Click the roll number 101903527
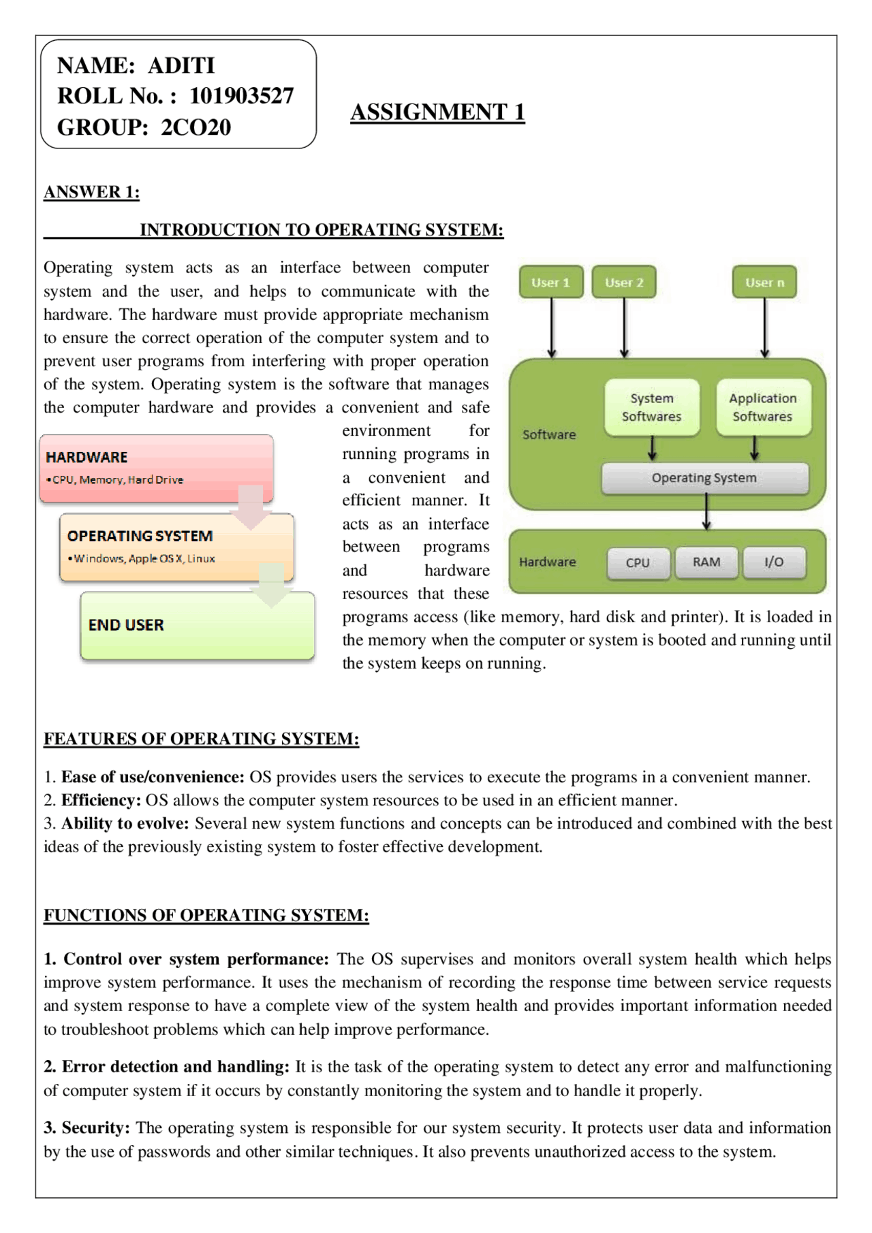(x=241, y=96)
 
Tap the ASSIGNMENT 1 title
(x=437, y=112)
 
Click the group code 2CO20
(x=196, y=127)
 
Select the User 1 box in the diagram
(x=550, y=283)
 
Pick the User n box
(x=764, y=283)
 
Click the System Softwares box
(x=651, y=407)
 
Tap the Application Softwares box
(x=762, y=407)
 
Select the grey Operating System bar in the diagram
(x=704, y=478)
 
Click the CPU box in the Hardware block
(x=638, y=562)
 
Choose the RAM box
(x=706, y=562)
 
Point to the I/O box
(x=774, y=562)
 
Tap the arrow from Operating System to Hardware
(x=706, y=512)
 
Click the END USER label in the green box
(x=126, y=625)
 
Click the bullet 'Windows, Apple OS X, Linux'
(x=144, y=559)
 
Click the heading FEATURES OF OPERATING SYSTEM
(x=201, y=739)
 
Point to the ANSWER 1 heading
(x=91, y=192)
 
